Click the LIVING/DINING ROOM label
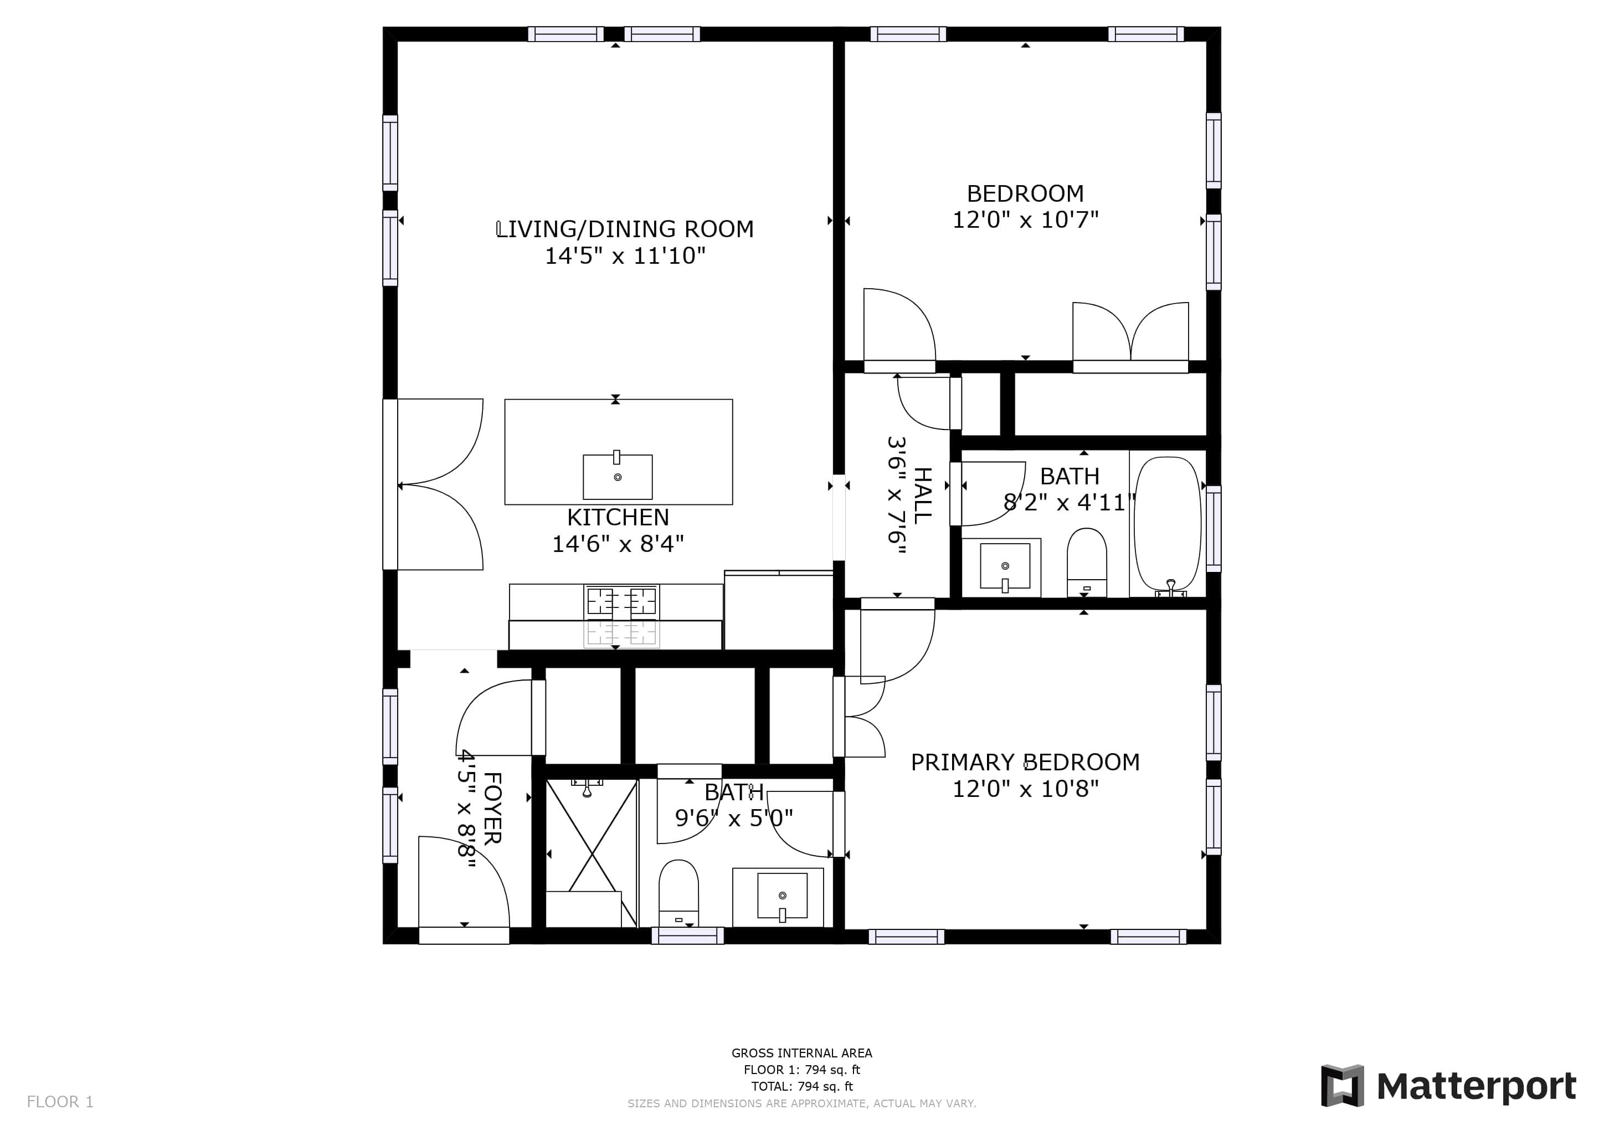pyautogui.click(x=625, y=229)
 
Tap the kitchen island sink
pyautogui.click(x=618, y=476)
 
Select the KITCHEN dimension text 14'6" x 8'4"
pyautogui.click(x=618, y=544)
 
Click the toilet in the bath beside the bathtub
pyautogui.click(x=1086, y=563)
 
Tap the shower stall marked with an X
pyautogui.click(x=591, y=853)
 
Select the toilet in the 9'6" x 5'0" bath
pyautogui.click(x=678, y=894)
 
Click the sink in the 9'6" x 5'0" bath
pyautogui.click(x=782, y=897)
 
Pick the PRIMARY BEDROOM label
pyautogui.click(x=1025, y=763)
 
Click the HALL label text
pyautogui.click(x=923, y=495)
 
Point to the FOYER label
pyautogui.click(x=492, y=808)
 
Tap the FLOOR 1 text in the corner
pyautogui.click(x=60, y=1102)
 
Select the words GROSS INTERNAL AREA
pyautogui.click(x=801, y=1053)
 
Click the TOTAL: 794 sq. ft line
pyautogui.click(x=801, y=1087)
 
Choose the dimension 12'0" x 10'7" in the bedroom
pyautogui.click(x=1025, y=220)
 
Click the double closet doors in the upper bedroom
pyautogui.click(x=1130, y=333)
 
